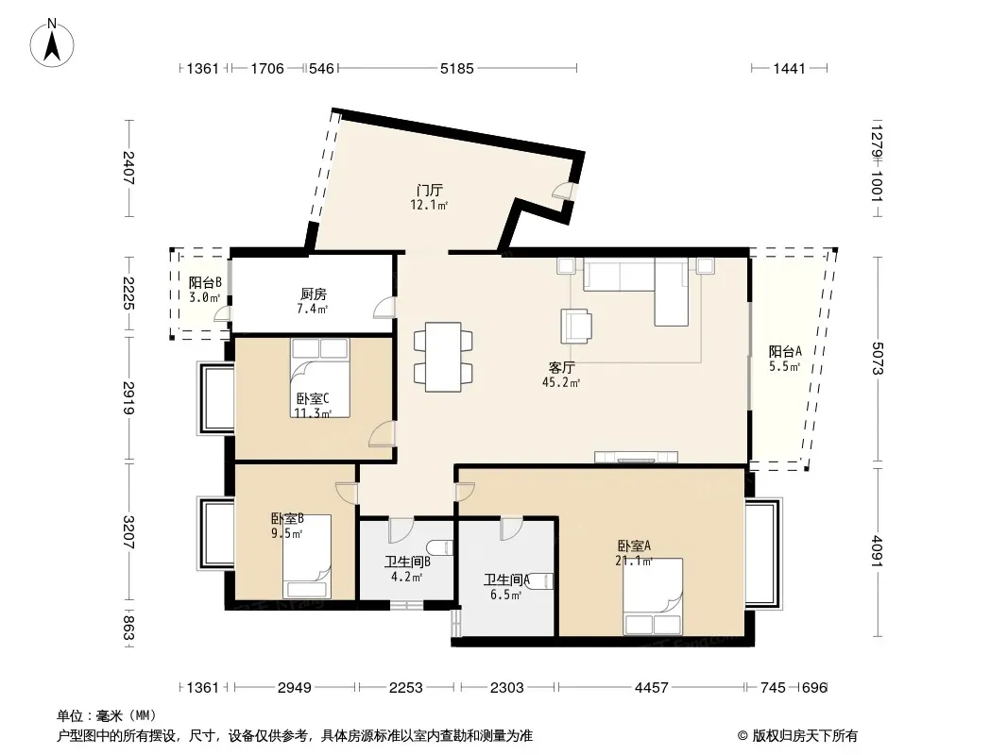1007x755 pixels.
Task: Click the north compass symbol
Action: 52,43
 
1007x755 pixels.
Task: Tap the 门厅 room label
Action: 429,191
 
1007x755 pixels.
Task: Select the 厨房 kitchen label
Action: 314,294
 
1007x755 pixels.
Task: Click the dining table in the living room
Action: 443,357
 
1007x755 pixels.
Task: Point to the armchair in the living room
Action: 576,326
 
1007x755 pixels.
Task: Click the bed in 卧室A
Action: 652,596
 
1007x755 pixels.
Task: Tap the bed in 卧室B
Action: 307,557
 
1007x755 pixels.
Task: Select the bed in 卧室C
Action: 320,377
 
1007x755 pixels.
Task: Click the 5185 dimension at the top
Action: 456,68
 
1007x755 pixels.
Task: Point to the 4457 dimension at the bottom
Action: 651,688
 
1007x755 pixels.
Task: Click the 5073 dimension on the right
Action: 878,359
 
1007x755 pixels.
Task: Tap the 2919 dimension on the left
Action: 128,398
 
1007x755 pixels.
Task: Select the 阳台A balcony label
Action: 785,351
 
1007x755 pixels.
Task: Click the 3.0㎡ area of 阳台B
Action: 204,297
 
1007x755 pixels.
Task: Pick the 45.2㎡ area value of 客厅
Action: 561,383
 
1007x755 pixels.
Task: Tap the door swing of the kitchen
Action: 384,308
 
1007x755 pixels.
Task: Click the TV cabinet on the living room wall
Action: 636,458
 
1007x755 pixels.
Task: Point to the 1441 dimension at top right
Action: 789,68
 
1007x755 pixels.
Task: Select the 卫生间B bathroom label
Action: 407,562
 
